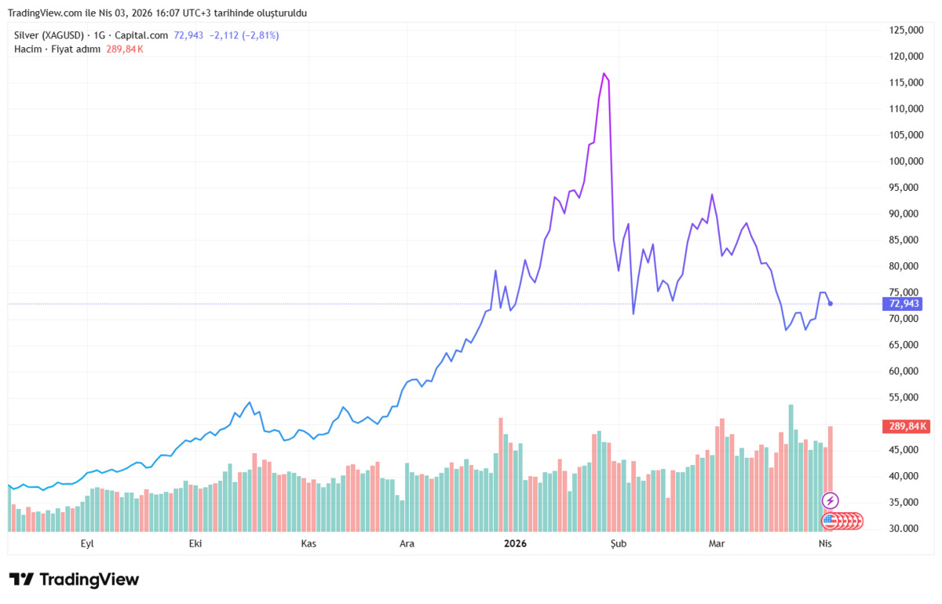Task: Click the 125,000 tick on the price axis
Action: (x=906, y=31)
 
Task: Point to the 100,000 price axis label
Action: (x=906, y=161)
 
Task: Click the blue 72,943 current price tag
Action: (x=903, y=304)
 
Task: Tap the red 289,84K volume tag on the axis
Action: (x=906, y=426)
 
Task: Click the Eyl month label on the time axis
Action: (x=87, y=544)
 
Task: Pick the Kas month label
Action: (x=309, y=544)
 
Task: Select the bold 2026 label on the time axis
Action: (x=515, y=544)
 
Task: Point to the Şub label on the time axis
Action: (x=619, y=544)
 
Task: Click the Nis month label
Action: (x=825, y=544)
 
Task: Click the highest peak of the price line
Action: (x=604, y=74)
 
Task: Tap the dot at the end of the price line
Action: (x=831, y=303)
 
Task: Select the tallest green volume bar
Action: (x=791, y=468)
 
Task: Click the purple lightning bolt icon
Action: (x=831, y=501)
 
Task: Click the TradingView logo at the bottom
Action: (x=74, y=580)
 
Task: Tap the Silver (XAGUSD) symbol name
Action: (x=49, y=35)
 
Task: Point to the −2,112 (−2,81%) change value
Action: (x=244, y=35)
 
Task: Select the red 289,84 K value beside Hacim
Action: (x=125, y=49)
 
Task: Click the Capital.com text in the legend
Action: (x=141, y=35)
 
